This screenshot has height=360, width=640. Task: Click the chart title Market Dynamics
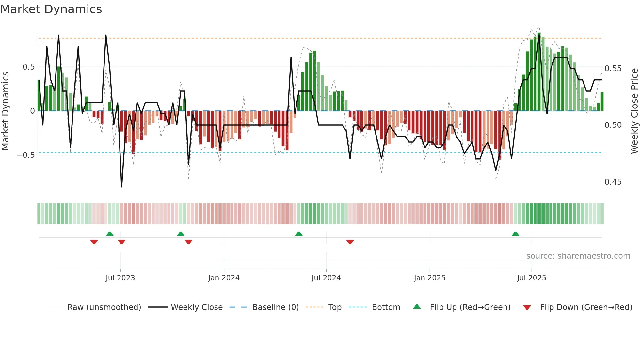(51, 9)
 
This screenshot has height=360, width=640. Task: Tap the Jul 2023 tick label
(120, 278)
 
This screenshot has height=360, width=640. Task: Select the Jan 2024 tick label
(224, 278)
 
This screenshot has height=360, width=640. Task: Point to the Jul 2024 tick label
(326, 278)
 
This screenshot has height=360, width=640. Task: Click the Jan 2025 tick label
(429, 278)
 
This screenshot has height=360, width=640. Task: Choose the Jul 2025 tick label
(532, 278)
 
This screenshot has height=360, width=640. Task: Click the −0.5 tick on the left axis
(26, 155)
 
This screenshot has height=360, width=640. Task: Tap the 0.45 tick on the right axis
(613, 182)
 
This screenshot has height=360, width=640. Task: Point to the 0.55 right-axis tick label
(613, 69)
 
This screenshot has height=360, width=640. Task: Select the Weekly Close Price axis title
(634, 111)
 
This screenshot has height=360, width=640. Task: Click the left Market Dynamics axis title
(5, 111)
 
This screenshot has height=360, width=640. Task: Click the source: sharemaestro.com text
(578, 256)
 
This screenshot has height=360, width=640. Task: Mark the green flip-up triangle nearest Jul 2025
(515, 234)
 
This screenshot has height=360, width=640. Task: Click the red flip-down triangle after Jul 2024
(350, 242)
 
